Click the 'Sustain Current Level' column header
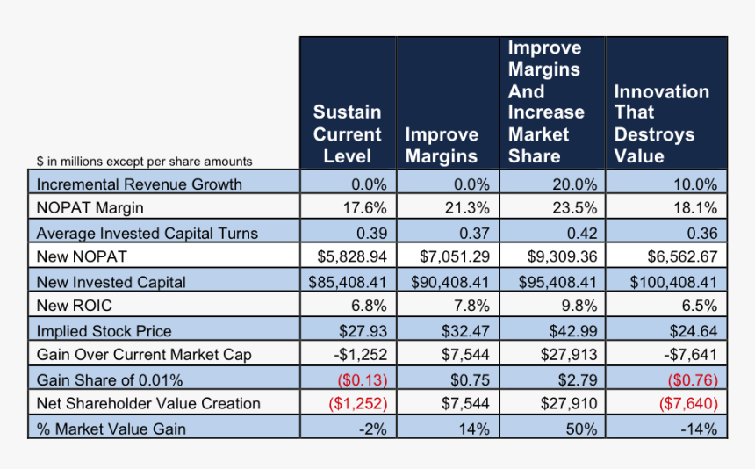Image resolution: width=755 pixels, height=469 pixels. tap(348, 134)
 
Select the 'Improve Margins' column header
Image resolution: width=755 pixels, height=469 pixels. tap(441, 145)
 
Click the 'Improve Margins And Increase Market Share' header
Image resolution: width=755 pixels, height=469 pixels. tap(545, 102)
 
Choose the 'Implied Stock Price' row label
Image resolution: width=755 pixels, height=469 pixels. tap(104, 331)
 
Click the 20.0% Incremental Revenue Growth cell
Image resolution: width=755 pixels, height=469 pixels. tap(572, 184)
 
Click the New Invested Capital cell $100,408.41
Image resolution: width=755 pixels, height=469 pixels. tap(673, 282)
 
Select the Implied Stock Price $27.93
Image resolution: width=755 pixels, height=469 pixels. tap(363, 331)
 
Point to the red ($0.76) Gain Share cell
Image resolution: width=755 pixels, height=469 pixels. tap(694, 379)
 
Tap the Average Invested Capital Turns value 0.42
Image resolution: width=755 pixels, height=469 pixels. tap(580, 233)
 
